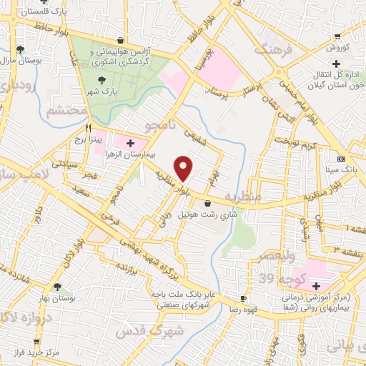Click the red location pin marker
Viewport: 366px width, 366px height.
[184, 167]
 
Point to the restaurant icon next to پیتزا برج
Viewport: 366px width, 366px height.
[88, 129]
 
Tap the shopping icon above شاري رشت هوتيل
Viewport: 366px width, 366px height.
[207, 204]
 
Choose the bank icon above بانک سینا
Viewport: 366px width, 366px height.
[341, 159]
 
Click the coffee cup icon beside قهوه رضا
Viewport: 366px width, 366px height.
[244, 298]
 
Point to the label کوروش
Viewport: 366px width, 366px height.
[337, 48]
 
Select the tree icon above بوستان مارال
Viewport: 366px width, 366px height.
[20, 49]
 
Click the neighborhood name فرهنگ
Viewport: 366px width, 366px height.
[265, 51]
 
